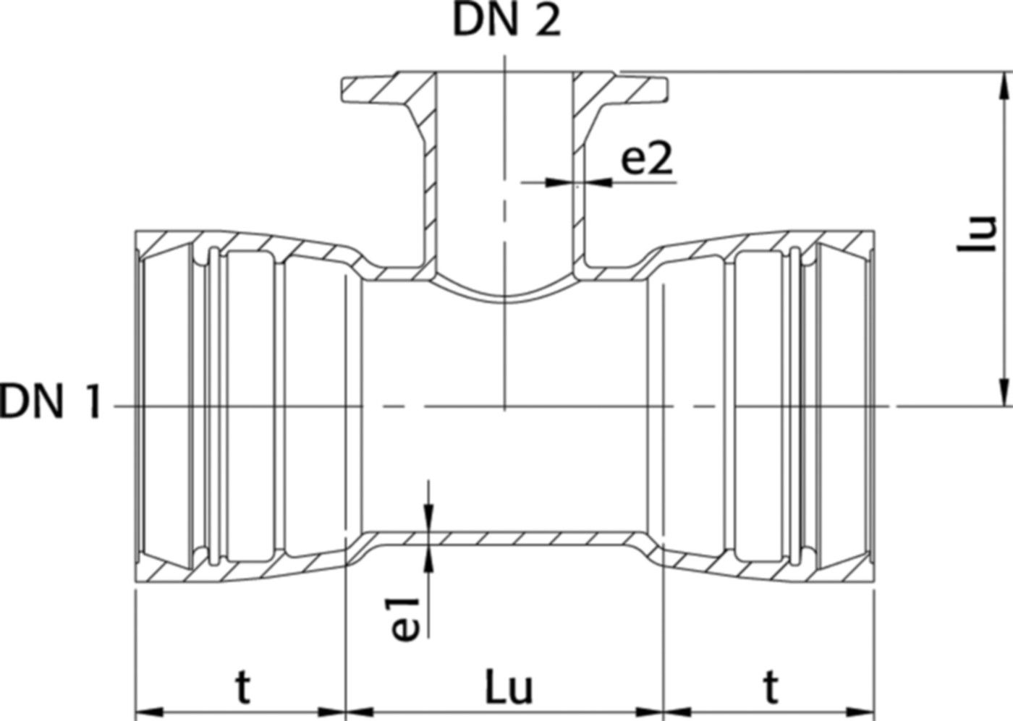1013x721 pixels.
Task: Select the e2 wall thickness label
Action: pos(648,160)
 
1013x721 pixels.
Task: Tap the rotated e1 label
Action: pos(407,619)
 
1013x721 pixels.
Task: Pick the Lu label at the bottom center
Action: pos(508,688)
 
